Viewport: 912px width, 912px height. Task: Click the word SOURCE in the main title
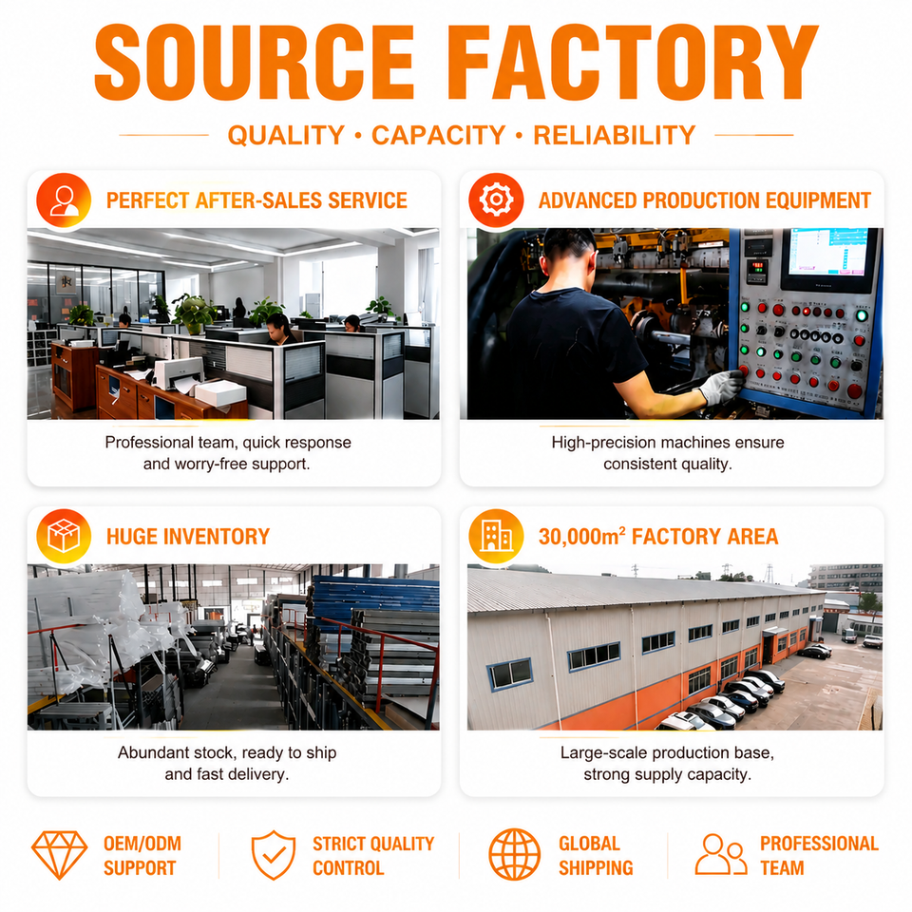255,63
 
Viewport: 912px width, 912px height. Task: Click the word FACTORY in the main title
633,63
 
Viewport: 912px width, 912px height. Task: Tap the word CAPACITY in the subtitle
439,135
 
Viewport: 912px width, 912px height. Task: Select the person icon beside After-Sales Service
64,200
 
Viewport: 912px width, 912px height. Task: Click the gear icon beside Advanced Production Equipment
496,200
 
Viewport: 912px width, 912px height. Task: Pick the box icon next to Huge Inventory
64,536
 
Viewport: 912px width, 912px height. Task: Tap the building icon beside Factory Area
496,536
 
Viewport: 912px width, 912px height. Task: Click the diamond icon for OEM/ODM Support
59,855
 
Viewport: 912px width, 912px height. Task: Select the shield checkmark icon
274,855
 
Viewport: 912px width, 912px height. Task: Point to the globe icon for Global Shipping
514,854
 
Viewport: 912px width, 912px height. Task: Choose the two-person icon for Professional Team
721,854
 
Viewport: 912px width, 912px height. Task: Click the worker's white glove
720,387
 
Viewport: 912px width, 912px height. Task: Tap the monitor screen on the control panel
828,253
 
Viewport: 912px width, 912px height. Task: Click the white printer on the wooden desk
180,372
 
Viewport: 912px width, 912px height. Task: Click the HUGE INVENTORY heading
188,536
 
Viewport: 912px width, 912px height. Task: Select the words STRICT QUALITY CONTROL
373,856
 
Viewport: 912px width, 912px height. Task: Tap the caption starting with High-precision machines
668,453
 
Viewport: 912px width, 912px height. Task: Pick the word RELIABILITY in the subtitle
615,135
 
